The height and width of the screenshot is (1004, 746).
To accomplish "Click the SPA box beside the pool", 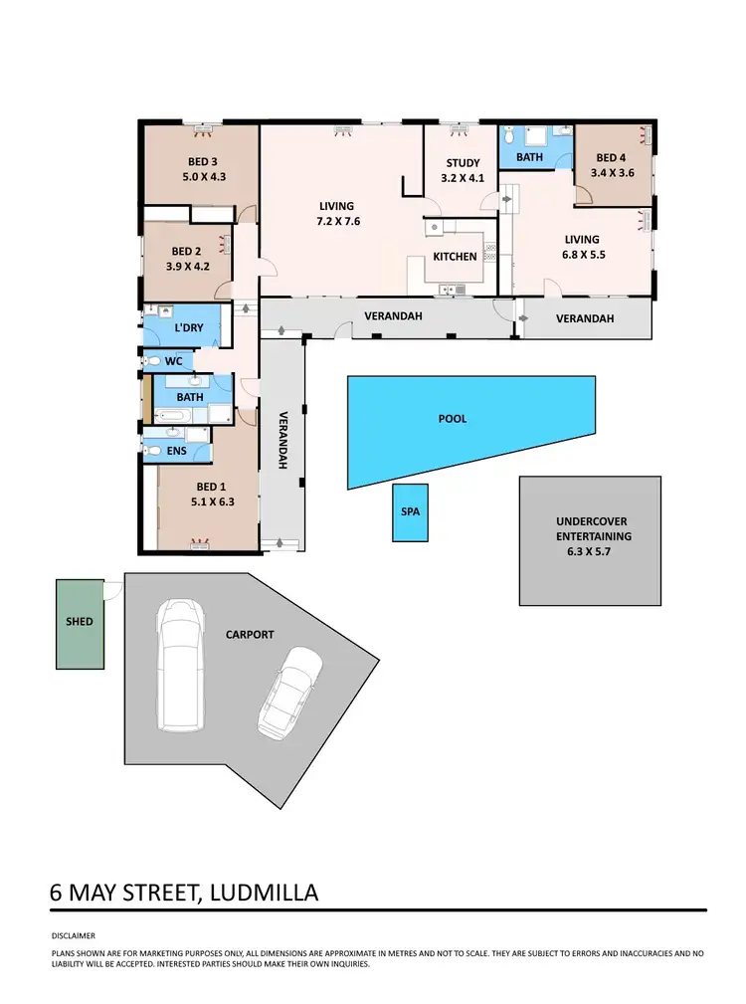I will [410, 512].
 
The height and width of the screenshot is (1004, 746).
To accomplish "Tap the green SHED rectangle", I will [80, 623].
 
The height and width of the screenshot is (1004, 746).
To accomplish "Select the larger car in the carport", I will [179, 664].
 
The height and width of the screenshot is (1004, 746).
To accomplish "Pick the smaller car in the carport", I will [290, 693].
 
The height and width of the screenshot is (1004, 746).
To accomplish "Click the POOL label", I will [453, 419].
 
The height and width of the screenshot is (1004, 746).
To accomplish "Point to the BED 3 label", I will [202, 162].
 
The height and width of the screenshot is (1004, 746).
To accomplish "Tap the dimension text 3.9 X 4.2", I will [186, 267].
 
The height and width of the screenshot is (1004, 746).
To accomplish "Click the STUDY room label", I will [463, 163].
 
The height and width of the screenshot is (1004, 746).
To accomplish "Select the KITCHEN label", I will [455, 257].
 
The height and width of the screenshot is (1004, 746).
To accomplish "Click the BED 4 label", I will [611, 157].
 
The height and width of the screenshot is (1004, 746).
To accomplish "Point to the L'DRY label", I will [189, 327].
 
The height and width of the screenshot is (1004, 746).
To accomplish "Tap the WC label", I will [173, 361].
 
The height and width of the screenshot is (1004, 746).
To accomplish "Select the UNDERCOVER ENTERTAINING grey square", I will [591, 541].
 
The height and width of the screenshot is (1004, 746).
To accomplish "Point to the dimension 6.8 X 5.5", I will [582, 255].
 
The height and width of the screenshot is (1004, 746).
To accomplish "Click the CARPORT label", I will [249, 634].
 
